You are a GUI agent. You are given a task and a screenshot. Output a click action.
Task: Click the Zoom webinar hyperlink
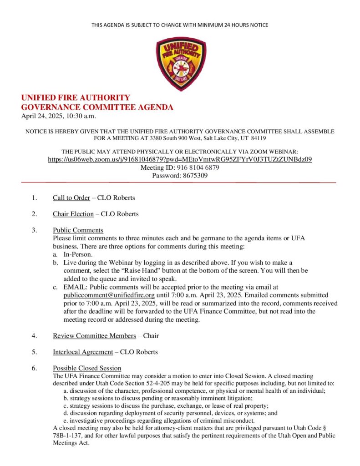coord(180,160)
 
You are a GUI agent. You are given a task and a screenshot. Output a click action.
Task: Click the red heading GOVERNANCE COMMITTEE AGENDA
coord(97,107)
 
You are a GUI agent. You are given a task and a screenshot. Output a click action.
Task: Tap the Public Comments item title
coord(78,230)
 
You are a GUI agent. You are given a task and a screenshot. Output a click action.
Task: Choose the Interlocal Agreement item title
coord(83,352)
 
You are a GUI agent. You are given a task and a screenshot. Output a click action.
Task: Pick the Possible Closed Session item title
coord(87,368)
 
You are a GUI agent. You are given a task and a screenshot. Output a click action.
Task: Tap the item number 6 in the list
coord(34,368)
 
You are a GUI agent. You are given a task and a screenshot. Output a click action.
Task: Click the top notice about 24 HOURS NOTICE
coord(180,25)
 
